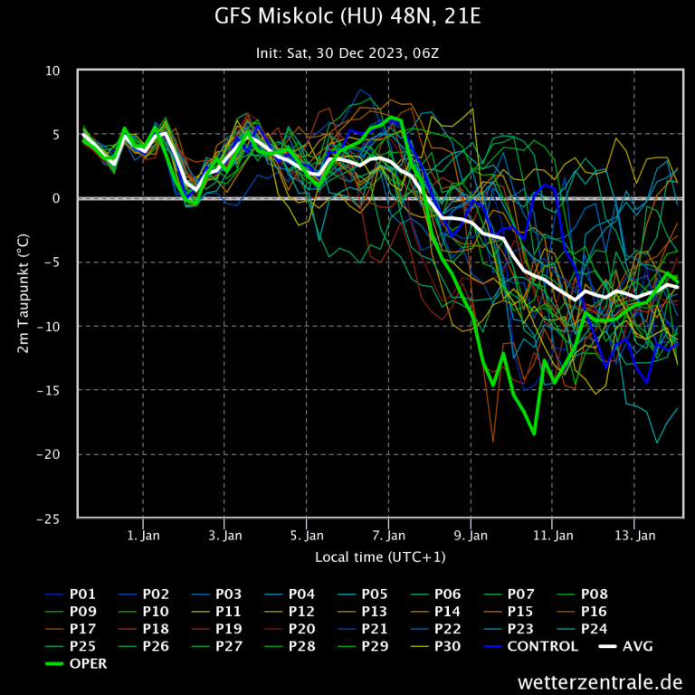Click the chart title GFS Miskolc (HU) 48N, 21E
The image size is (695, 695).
pos(347,18)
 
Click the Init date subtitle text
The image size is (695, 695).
pos(347,53)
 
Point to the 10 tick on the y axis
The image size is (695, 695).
pos(53,71)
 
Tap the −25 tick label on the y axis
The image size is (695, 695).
pos(47,519)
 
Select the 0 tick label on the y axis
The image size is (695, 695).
pos(56,199)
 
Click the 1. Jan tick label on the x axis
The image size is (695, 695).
pos(144,536)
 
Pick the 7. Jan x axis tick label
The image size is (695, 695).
pos(389,536)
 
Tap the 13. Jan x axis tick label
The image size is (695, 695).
pos(634,536)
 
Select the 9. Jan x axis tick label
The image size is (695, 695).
pos(471,536)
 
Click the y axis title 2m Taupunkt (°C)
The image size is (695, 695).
pos(24,294)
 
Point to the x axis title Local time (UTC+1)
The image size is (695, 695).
pos(380,557)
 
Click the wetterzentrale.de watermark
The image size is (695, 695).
pos(600,681)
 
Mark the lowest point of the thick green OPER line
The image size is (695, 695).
pos(534,434)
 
